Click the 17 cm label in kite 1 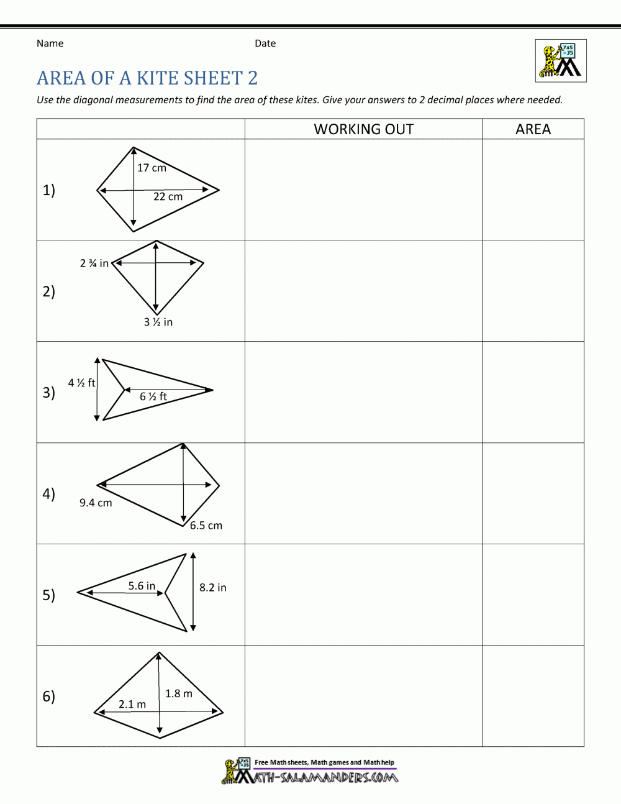coord(152,168)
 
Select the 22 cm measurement coord(168,197)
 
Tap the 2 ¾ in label coord(94,263)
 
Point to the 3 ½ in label coord(158,322)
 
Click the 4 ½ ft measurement coord(81,383)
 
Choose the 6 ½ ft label coord(153,396)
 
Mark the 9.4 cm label coord(96,503)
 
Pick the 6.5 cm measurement coord(206,526)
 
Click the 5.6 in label coord(142,586)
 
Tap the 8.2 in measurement coord(213,587)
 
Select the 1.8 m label coord(179,693)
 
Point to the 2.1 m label coord(132,704)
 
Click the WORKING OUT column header coord(363,129)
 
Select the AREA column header coord(533,129)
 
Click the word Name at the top coord(50,43)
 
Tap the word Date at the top coord(265,43)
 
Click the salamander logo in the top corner coord(561,61)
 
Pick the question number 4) coord(49,494)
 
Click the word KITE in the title coord(158,78)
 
